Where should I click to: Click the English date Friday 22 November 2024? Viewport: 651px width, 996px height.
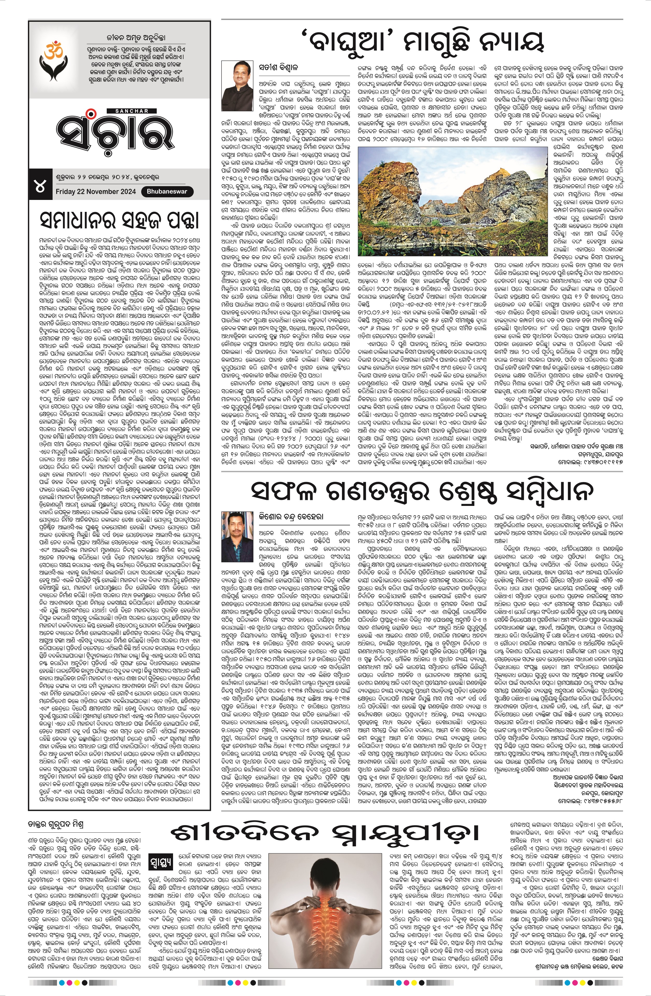coord(96,192)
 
